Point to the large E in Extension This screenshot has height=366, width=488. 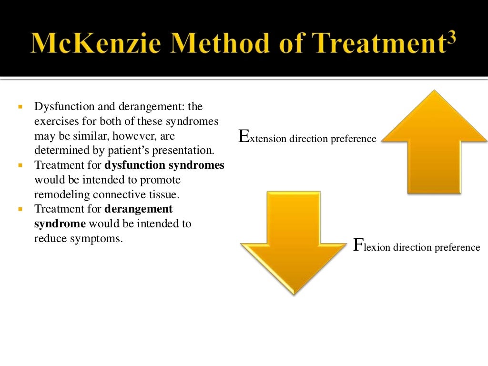coord(244,137)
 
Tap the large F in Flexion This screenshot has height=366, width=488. coord(358,245)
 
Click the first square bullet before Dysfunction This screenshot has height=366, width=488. coord(20,107)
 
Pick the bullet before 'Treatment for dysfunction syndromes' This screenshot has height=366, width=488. coord(20,166)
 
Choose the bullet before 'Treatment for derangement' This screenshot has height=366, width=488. coord(20,209)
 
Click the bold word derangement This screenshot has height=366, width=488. coord(138,209)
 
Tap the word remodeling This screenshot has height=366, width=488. coord(62,194)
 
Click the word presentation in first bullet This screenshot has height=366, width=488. coord(188,151)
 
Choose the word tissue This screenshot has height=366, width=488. coord(168,194)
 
